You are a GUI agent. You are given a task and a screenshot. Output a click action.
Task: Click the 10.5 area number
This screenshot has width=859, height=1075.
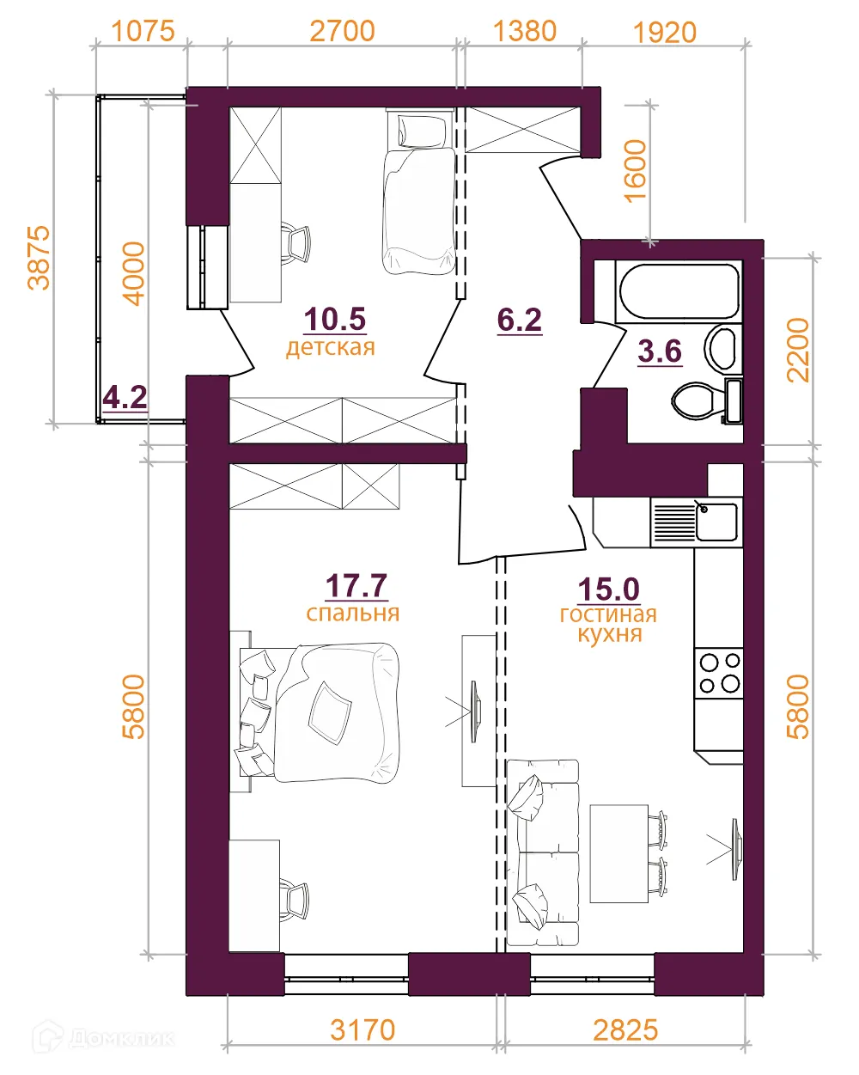(x=335, y=319)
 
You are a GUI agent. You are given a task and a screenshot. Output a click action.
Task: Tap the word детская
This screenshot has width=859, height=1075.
(x=330, y=347)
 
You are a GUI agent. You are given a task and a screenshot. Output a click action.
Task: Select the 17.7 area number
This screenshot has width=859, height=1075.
(x=356, y=585)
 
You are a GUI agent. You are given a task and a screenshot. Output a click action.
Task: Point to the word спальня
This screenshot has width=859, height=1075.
(x=352, y=614)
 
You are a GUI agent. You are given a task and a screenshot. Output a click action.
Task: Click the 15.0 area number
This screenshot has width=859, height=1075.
(x=608, y=589)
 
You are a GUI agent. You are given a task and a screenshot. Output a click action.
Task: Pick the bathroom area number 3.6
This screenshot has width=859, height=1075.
(x=660, y=351)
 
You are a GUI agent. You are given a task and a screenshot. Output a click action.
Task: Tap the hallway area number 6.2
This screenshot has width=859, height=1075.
(x=520, y=320)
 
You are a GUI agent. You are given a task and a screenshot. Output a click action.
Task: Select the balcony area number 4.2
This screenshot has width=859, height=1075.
(x=125, y=397)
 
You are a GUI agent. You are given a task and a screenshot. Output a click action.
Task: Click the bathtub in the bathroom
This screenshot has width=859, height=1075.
(x=679, y=291)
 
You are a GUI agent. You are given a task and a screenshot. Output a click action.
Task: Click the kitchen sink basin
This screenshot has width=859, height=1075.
(x=716, y=522)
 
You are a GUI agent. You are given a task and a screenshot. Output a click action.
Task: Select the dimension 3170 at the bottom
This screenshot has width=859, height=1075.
(x=362, y=1030)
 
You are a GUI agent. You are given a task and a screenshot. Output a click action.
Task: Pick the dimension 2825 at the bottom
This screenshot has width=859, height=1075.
(x=625, y=1030)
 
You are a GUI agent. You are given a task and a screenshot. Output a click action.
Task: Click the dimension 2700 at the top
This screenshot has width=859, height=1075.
(x=342, y=31)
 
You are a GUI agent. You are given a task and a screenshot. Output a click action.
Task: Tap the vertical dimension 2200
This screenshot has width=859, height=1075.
(x=797, y=351)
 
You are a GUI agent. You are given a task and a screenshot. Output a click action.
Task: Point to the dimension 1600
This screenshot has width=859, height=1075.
(x=636, y=171)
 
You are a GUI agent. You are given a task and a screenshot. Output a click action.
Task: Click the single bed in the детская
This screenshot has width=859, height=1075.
(x=420, y=192)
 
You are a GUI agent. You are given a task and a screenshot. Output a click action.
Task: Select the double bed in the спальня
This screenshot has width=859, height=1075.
(x=320, y=712)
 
